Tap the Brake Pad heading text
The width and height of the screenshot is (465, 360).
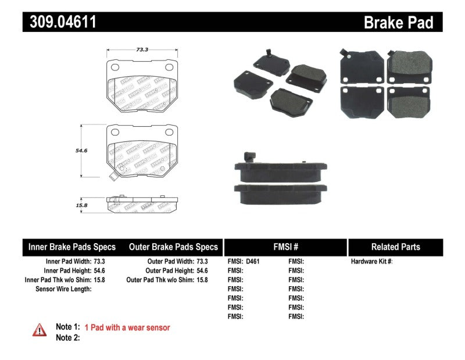pos(398,23)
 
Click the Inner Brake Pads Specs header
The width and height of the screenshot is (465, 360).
pos(72,247)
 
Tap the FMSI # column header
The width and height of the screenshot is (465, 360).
pos(285,247)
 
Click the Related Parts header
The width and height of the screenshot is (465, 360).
pos(395,247)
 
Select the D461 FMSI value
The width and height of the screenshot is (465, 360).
pos(253,262)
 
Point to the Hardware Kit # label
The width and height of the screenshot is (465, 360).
pos(371,262)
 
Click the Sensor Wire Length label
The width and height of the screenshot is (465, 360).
pos(63,289)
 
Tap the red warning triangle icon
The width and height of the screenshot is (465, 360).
pos(39,330)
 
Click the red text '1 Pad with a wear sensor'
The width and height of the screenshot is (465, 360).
pos(127,328)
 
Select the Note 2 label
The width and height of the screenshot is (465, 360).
pos(67,338)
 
